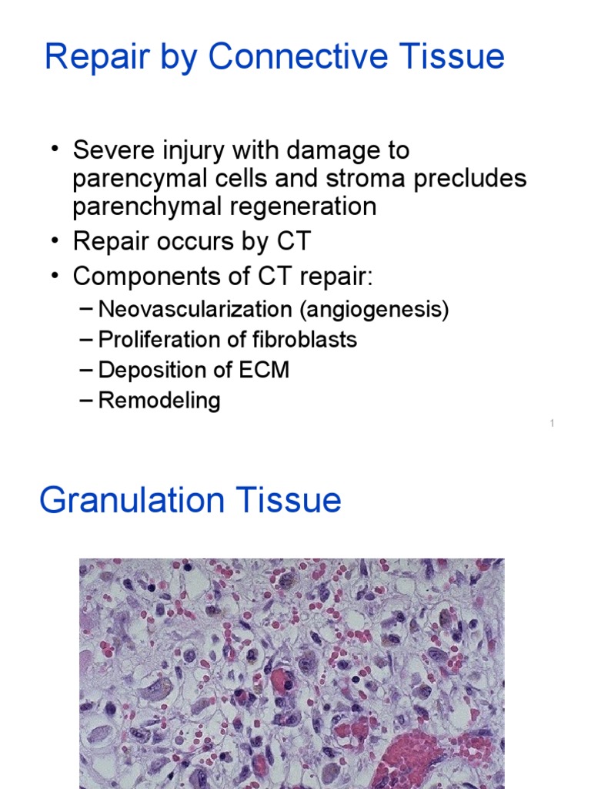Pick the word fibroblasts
coord(299,340)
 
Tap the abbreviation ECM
coord(263,370)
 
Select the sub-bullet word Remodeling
coord(159,401)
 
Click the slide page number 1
coord(553,423)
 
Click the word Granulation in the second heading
coord(132,500)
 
